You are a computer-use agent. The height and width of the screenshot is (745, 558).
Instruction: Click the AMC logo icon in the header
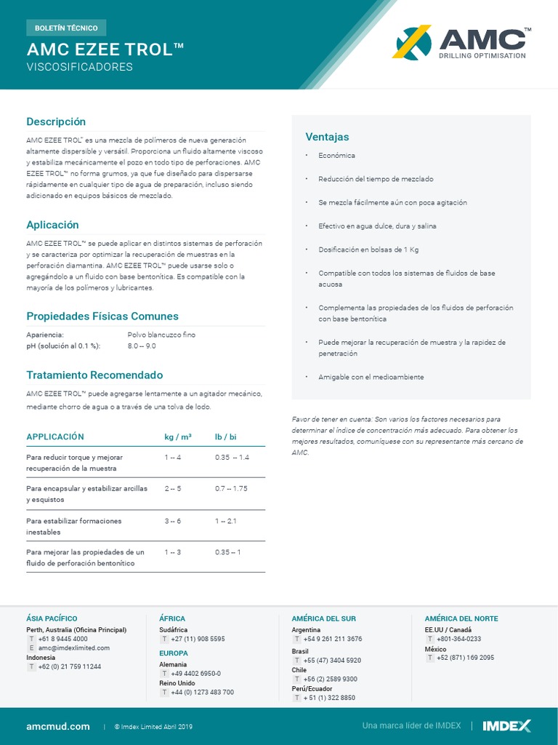point(412,42)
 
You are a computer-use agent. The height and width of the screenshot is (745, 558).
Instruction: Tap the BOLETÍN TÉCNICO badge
point(66,28)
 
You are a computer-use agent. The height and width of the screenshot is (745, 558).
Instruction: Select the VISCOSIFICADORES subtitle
point(80,67)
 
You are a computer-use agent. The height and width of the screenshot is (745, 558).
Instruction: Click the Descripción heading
point(56,121)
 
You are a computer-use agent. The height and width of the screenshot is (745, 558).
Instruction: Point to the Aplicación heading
point(52,225)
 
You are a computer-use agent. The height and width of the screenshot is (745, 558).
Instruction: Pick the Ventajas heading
point(327,137)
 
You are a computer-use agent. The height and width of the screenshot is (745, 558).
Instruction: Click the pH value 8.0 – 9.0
point(142,346)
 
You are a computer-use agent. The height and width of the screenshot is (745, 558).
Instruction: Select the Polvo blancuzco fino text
point(161,335)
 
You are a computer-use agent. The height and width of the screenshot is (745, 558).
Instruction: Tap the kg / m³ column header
point(178,437)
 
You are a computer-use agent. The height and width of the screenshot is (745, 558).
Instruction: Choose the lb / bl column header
point(226,437)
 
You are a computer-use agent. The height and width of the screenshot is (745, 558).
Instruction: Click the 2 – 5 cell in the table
point(173,488)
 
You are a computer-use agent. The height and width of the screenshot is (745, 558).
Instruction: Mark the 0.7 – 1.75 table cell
point(231,488)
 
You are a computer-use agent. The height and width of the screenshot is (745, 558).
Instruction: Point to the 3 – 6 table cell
point(173,521)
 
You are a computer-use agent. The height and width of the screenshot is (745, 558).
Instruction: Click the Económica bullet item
point(336,156)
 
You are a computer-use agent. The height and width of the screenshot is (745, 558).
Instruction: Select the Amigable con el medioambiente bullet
point(371,377)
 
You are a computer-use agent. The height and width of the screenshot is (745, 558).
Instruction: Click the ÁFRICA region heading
point(172,618)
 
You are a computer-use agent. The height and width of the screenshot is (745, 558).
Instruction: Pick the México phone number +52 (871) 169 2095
point(465,658)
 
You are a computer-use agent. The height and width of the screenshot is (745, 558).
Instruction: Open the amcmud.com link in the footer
point(58,726)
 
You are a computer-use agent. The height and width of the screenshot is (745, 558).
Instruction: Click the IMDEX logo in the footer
point(506,725)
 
